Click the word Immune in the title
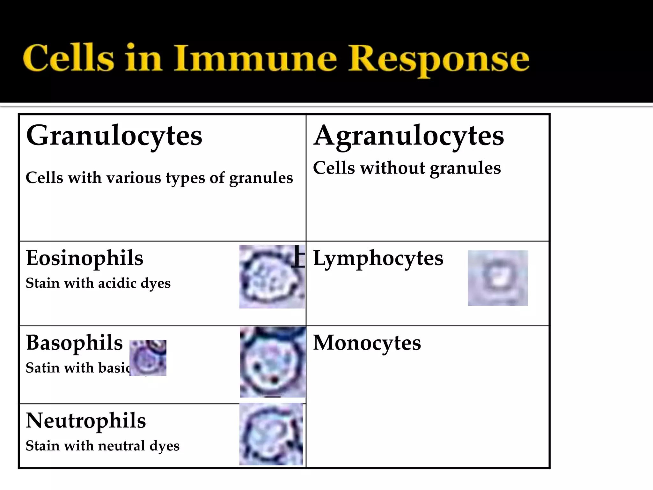pyautogui.click(x=255, y=58)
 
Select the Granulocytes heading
pyautogui.click(x=114, y=136)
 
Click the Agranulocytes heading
pyautogui.click(x=408, y=136)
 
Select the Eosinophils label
pyautogui.click(x=84, y=258)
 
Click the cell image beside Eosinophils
pyautogui.click(x=272, y=277)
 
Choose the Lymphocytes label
pyautogui.click(x=378, y=258)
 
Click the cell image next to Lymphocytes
pyautogui.click(x=497, y=278)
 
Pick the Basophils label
pyautogui.click(x=74, y=343)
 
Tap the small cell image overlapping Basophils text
pyautogui.click(x=148, y=358)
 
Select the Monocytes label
pyautogui.click(x=367, y=343)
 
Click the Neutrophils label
pyautogui.click(x=86, y=420)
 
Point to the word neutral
pyautogui.click(x=121, y=446)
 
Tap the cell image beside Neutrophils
pyautogui.click(x=271, y=434)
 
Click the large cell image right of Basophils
pyautogui.click(x=273, y=362)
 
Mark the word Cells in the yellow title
pyautogui.click(x=68, y=58)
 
